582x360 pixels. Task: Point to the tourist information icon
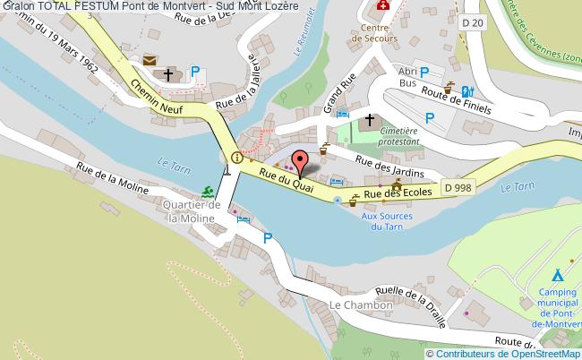click(236, 158)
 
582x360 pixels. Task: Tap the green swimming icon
click(208, 192)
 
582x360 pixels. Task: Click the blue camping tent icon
click(557, 274)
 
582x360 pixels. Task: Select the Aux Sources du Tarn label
click(387, 220)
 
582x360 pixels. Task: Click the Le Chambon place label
click(361, 305)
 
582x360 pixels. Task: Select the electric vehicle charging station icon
click(466, 90)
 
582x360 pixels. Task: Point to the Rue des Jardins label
click(389, 167)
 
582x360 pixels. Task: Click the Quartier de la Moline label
click(189, 211)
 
